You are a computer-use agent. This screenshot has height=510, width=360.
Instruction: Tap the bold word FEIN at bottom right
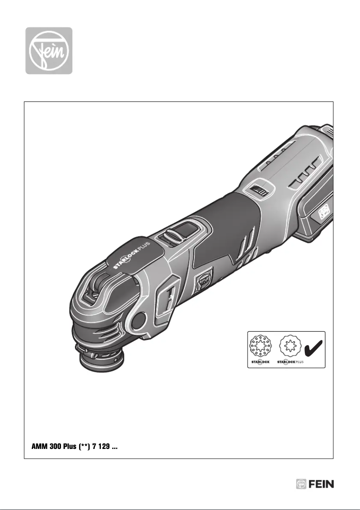tap(322, 484)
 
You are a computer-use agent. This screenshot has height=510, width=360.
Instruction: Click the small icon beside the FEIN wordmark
tap(301, 484)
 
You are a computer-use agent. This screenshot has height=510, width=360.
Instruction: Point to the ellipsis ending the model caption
tap(114, 449)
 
